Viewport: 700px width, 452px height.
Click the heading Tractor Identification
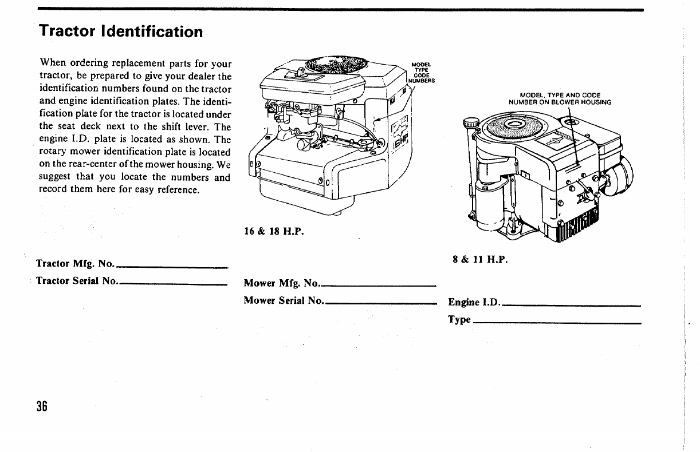121,31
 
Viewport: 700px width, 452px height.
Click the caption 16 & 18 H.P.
274,232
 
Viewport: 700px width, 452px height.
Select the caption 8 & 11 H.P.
480,259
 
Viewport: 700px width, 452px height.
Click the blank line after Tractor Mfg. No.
172,267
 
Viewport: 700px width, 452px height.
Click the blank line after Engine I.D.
571,306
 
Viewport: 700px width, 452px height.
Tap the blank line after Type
556,323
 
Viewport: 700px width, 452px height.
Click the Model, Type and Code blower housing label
560,98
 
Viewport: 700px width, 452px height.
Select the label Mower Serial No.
284,300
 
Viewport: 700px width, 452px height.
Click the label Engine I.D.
474,302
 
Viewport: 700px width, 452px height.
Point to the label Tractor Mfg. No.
76,264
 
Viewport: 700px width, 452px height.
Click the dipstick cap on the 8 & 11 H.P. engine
471,122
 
